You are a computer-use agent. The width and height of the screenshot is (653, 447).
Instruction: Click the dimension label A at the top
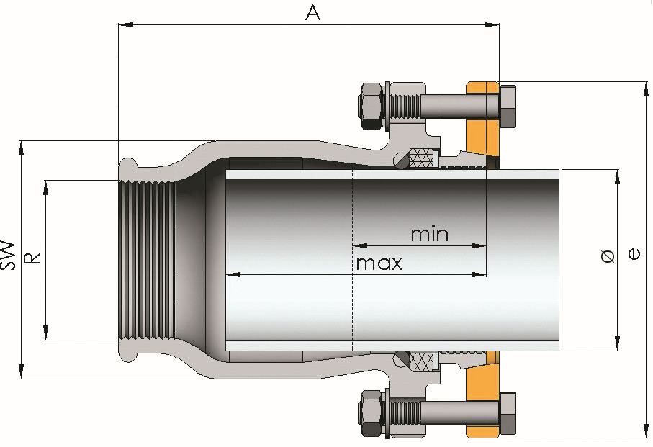point(312,12)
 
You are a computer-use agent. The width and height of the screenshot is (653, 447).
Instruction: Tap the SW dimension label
point(9,255)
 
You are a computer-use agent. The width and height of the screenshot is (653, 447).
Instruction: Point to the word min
point(429,234)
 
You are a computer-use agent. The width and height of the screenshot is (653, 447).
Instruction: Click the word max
point(379,263)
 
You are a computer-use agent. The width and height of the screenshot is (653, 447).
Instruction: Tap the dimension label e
point(634,253)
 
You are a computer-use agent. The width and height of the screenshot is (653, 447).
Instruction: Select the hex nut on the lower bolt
point(370,413)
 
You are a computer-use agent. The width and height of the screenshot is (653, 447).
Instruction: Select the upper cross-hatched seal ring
point(423,158)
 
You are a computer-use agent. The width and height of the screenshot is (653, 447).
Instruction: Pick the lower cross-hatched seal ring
point(423,361)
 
